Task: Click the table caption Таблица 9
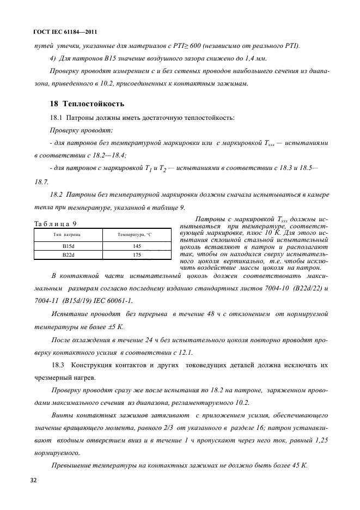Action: pos(55,223)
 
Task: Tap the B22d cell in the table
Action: pos(68,254)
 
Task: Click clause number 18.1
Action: pos(57,118)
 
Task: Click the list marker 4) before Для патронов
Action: pos(53,58)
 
